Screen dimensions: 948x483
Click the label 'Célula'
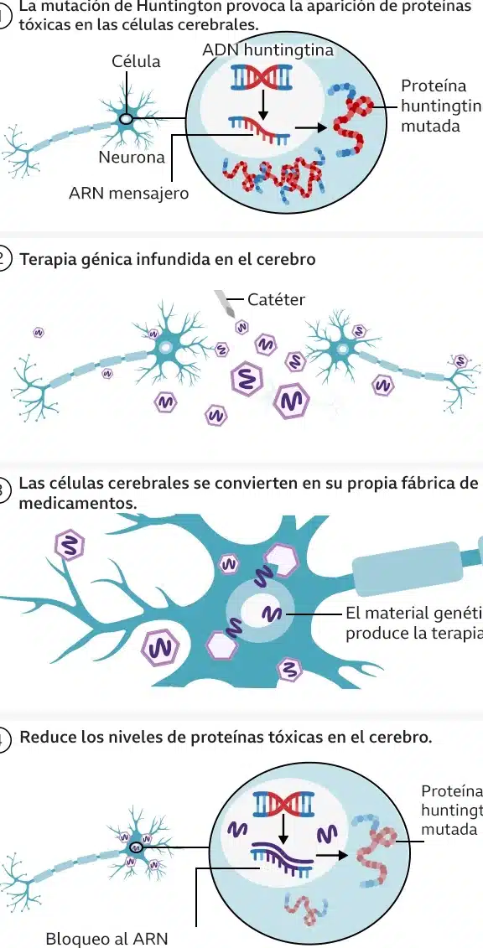click(x=136, y=61)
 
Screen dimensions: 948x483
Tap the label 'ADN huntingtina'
click(x=267, y=50)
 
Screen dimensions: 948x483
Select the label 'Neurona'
click(x=132, y=157)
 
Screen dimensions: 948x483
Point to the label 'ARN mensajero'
click(x=129, y=194)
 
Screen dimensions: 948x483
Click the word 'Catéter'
click(x=277, y=299)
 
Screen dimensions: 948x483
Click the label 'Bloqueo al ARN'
click(x=106, y=938)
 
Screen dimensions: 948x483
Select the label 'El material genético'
click(x=412, y=614)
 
